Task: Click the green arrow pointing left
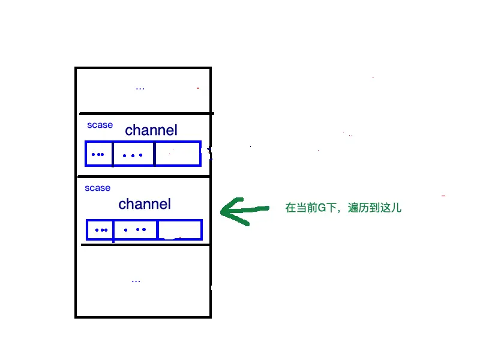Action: (243, 210)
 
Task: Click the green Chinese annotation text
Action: (343, 209)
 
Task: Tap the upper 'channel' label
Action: (151, 130)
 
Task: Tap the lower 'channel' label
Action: (145, 204)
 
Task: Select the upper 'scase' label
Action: (100, 125)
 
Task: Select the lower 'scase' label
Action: (97, 188)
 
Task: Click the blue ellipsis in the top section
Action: (140, 88)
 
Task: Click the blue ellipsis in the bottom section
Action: (136, 280)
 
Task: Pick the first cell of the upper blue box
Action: (99, 154)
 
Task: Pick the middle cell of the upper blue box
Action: (134, 154)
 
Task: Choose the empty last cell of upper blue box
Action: (177, 154)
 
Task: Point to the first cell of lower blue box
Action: (101, 230)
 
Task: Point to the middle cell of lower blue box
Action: (135, 230)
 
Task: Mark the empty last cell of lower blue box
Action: (179, 230)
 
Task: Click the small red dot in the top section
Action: (198, 88)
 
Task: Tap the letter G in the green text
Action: (321, 209)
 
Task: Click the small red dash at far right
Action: (443, 196)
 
